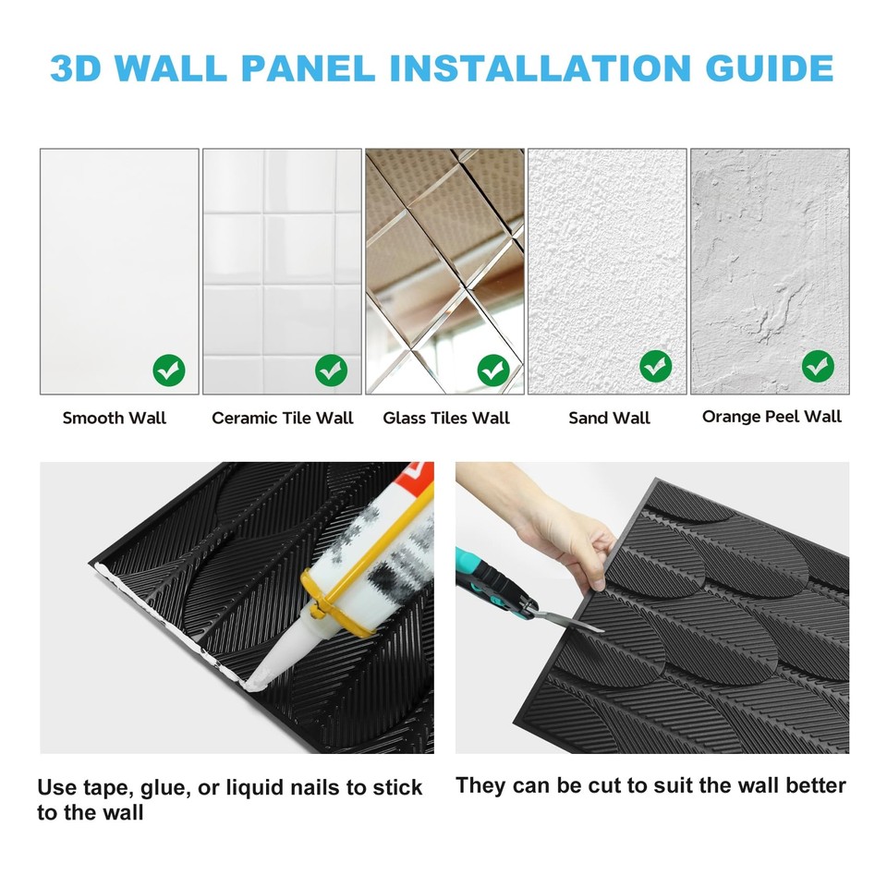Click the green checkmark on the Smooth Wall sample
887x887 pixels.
168,371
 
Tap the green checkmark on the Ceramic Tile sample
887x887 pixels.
331,371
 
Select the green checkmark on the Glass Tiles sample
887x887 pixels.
493,371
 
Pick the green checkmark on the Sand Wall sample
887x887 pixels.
655,367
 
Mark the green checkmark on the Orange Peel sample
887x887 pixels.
818,367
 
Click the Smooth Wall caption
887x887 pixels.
115,418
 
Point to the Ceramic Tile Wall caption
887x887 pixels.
282,418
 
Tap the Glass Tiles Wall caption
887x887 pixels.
446,418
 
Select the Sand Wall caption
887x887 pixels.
609,418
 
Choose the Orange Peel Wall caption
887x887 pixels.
772,416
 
